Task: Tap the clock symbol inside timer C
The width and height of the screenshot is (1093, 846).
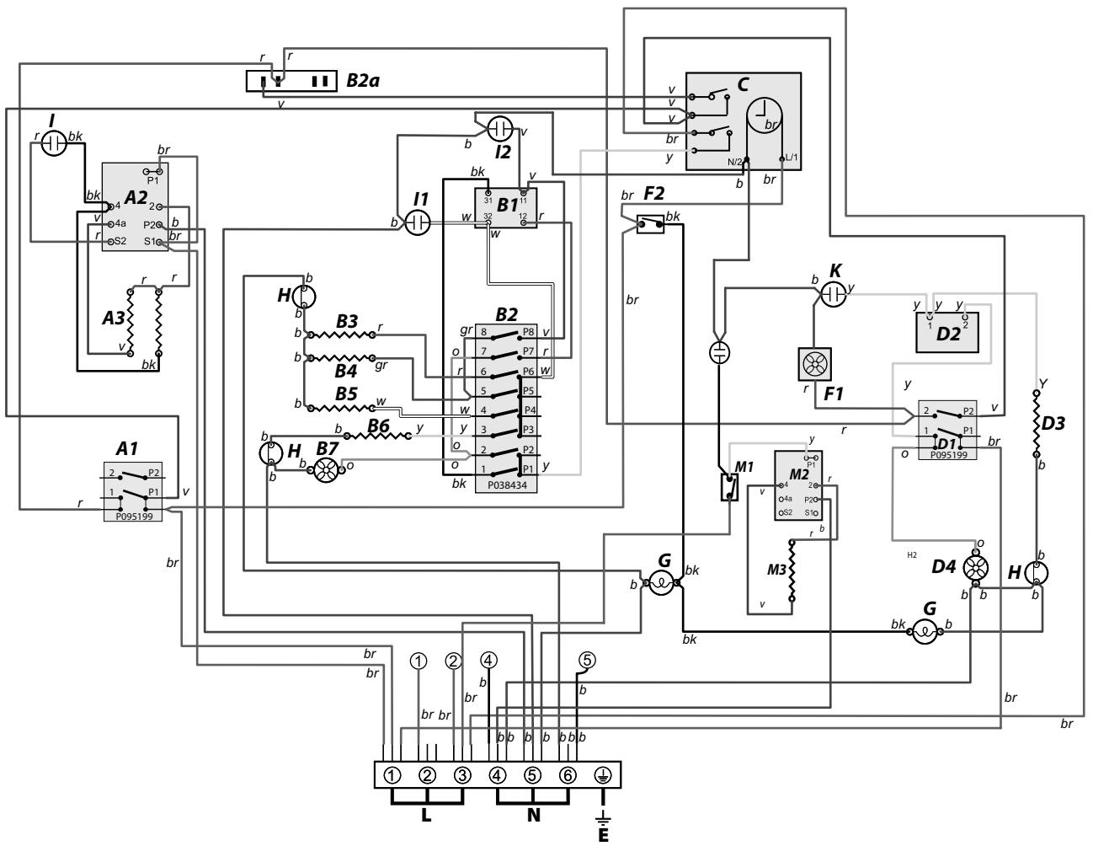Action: click(765, 114)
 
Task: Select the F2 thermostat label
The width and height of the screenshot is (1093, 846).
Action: click(654, 195)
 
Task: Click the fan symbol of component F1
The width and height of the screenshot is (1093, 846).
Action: click(813, 364)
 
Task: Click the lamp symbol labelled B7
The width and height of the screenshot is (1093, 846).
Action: click(325, 470)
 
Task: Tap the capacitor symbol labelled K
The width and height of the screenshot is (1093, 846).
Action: click(831, 294)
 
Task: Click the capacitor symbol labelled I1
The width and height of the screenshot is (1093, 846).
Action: click(419, 222)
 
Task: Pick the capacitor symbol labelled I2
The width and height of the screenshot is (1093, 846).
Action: click(500, 128)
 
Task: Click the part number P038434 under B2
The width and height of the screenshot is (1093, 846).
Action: click(507, 485)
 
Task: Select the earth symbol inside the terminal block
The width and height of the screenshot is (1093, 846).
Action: click(603, 774)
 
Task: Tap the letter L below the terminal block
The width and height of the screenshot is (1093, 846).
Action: click(427, 815)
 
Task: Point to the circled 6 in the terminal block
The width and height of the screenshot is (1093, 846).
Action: click(568, 774)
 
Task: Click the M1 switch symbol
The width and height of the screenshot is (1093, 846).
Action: click(730, 487)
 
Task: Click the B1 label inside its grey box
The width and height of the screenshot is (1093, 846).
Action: click(507, 204)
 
